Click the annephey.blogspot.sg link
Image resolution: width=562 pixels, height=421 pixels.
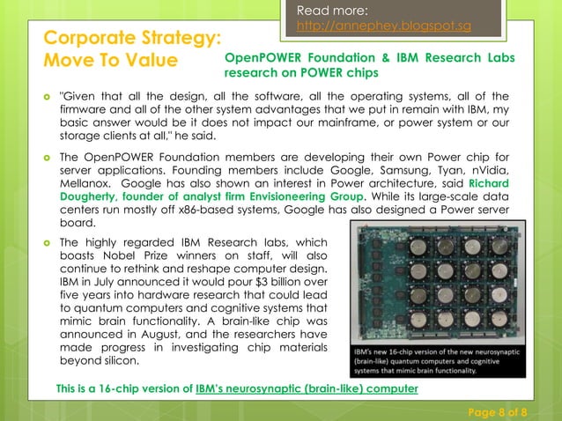pos(381,26)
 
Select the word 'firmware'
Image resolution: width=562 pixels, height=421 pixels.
pos(85,109)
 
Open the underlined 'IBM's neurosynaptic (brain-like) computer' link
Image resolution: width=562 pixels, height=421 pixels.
pos(306,388)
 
